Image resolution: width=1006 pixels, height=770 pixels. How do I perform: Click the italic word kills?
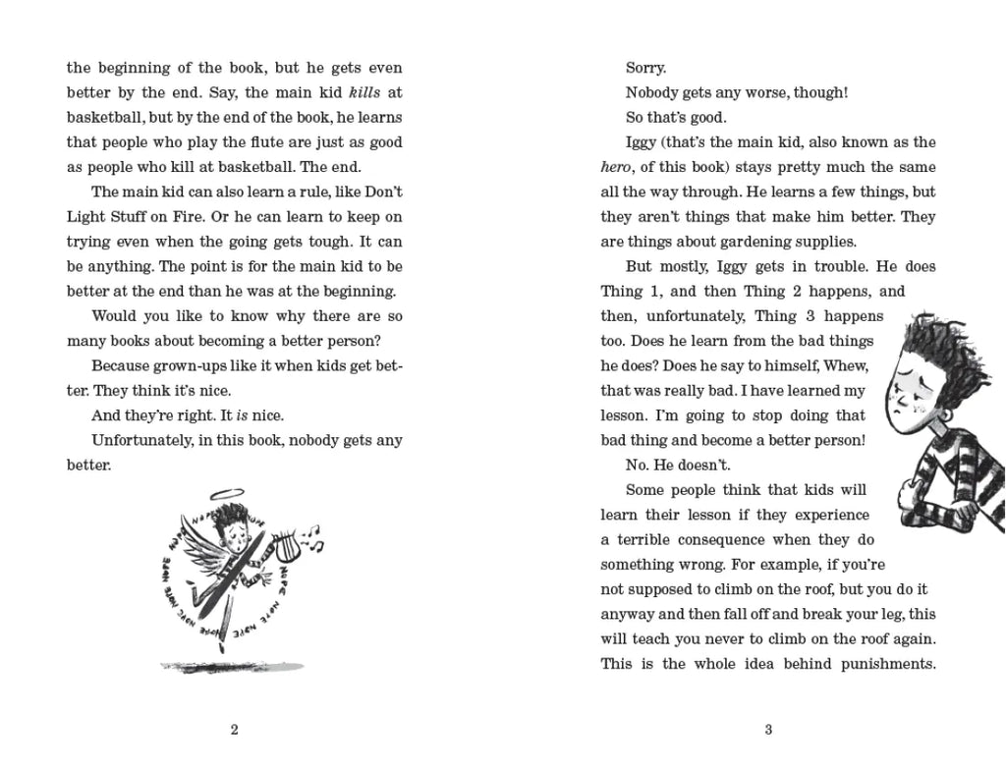pyautogui.click(x=352, y=92)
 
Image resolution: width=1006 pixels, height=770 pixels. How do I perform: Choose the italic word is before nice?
pyautogui.click(x=242, y=415)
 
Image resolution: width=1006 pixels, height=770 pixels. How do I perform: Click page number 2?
pyautogui.click(x=234, y=729)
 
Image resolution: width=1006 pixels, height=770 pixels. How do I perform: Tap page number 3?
pyautogui.click(x=768, y=729)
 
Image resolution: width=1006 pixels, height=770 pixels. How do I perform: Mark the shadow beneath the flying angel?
pyautogui.click(x=233, y=665)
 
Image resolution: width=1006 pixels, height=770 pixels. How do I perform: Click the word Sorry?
pyautogui.click(x=645, y=68)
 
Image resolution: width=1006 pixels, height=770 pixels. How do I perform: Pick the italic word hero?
pyautogui.click(x=616, y=167)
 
